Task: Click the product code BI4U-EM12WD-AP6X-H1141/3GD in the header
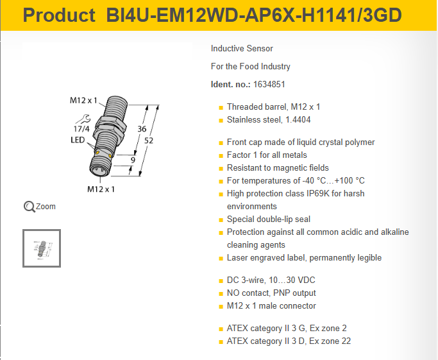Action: pos(254,15)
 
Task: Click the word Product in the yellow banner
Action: pos(59,15)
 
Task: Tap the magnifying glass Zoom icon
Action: pos(29,207)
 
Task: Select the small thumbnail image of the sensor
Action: pos(42,248)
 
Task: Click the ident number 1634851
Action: pos(269,85)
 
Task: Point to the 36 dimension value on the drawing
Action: pos(142,129)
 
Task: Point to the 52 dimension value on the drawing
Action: pos(149,141)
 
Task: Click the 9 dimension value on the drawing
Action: pos(133,160)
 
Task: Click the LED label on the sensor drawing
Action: pos(78,140)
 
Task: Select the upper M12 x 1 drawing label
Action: pos(83,100)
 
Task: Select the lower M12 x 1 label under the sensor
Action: pos(101,189)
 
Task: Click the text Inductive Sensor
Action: pos(242,49)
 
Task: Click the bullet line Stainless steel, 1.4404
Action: pos(269,119)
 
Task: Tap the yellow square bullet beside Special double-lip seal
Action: pos(221,220)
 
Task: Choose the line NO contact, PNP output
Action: pos(271,293)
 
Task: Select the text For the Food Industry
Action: pos(251,67)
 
